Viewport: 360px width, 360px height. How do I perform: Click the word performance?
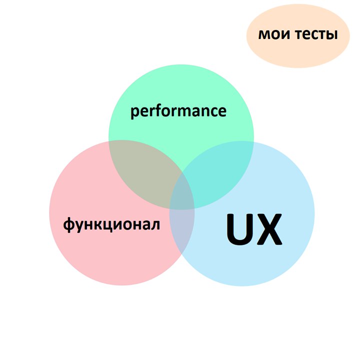pyautogui.click(x=178, y=110)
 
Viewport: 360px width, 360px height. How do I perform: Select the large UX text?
pyautogui.click(x=253, y=230)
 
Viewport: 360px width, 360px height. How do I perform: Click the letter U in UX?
pyautogui.click(x=238, y=230)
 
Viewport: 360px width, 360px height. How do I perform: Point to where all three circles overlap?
pyautogui.click(x=182, y=197)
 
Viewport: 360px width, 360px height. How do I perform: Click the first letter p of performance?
pyautogui.click(x=135, y=112)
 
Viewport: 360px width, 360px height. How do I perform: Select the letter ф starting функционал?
pyautogui.click(x=69, y=225)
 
